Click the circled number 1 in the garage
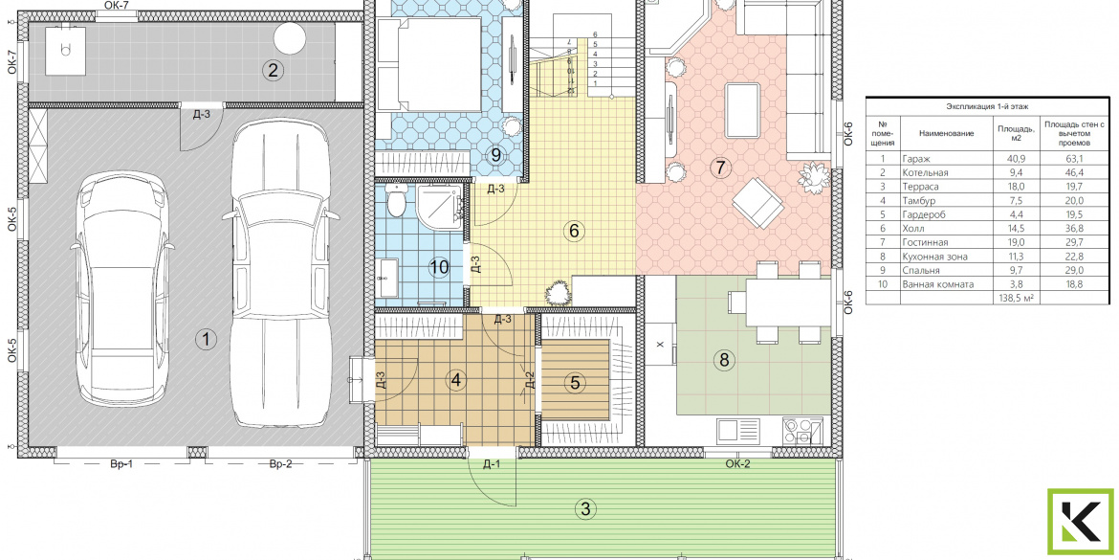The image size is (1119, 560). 206,340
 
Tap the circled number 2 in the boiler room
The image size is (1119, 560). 273,70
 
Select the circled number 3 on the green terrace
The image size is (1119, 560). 585,509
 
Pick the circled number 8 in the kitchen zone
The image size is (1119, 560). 724,361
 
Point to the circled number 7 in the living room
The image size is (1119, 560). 720,168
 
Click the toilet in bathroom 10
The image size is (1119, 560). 398,199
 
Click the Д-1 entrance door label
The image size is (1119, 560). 491,466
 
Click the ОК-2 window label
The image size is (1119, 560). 738,464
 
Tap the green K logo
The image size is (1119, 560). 1081,523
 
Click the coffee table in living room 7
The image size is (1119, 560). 743,109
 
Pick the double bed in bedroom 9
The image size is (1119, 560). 428,64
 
